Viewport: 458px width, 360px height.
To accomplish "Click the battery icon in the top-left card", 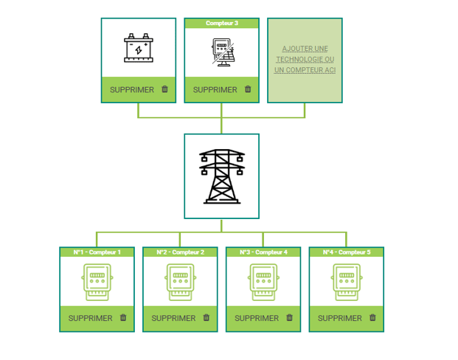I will pyautogui.click(x=138, y=48).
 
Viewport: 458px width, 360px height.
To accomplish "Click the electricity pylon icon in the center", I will pyautogui.click(x=222, y=176).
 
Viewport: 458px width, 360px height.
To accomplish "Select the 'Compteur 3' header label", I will pyautogui.click(x=221, y=24).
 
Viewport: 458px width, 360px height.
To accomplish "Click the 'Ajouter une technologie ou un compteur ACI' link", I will pyautogui.click(x=305, y=60).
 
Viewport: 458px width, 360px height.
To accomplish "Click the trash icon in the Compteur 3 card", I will pyautogui.click(x=248, y=89).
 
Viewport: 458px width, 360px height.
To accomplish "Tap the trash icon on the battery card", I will pyautogui.click(x=164, y=89).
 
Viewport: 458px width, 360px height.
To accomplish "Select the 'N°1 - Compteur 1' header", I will pyautogui.click(x=97, y=252).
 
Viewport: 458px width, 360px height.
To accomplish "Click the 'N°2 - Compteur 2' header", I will pyautogui.click(x=180, y=252).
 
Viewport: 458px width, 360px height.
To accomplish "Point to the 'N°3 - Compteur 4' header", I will pyautogui.click(x=263, y=252).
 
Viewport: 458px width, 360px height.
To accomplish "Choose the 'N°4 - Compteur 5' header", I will pyautogui.click(x=347, y=252).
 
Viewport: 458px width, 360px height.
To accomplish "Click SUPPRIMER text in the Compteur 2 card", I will pyautogui.click(x=173, y=318).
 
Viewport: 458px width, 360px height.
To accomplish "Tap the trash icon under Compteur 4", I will pyautogui.click(x=289, y=318).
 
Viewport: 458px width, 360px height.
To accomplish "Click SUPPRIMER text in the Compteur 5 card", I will pyautogui.click(x=340, y=318).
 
